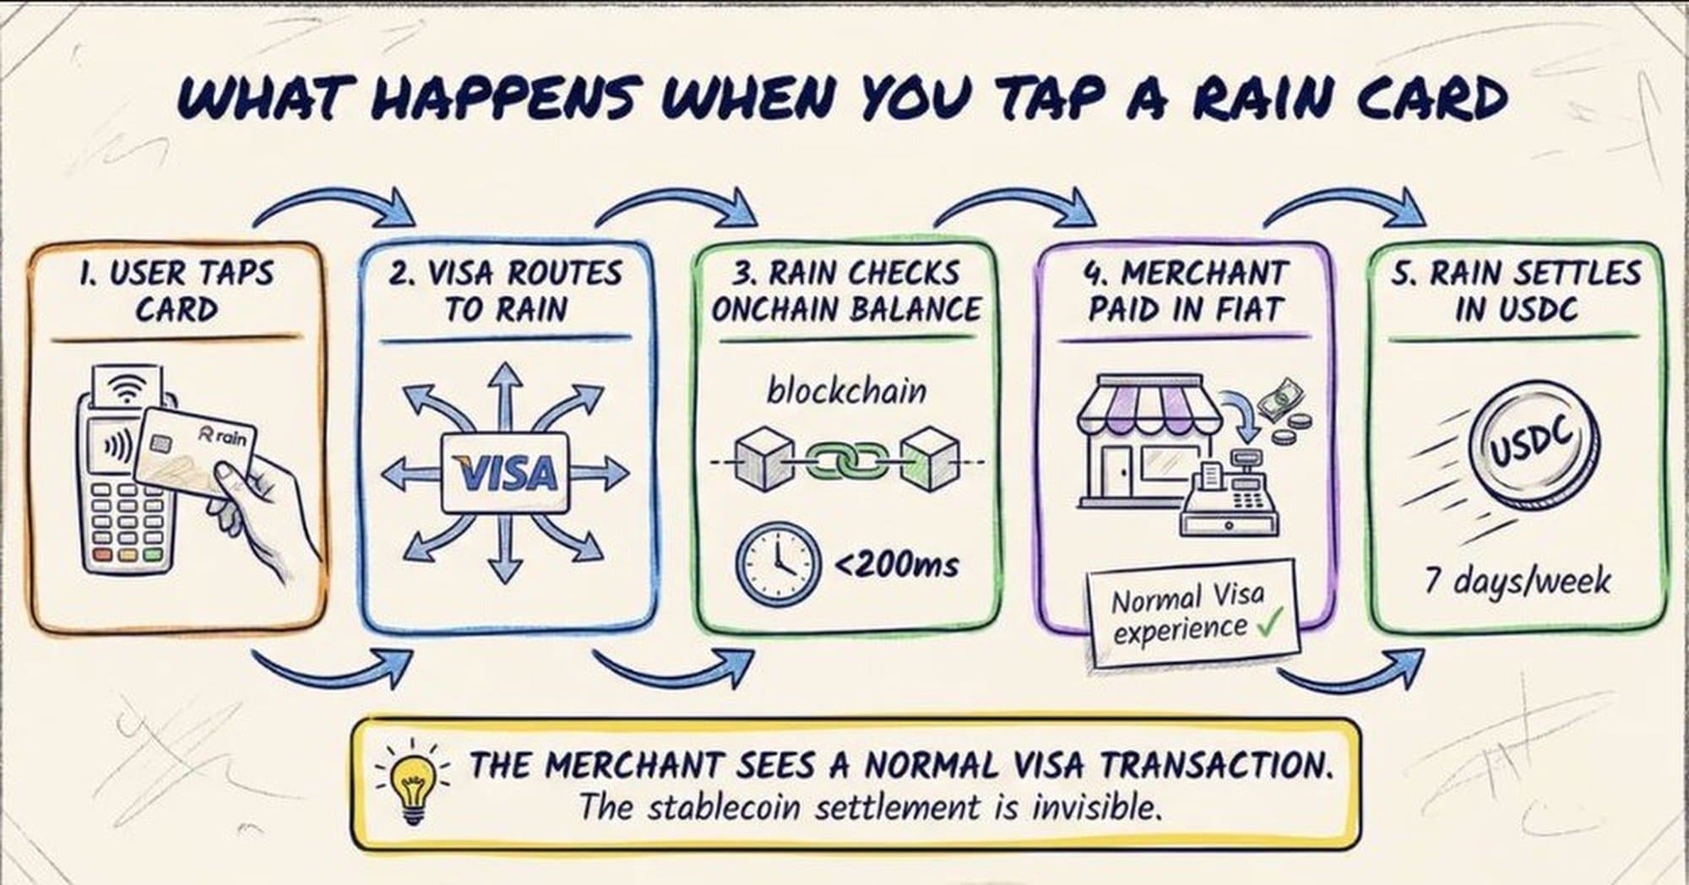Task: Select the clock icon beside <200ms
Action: click(778, 562)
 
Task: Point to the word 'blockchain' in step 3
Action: click(846, 392)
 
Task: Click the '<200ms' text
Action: click(897, 562)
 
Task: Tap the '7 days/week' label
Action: click(1517, 581)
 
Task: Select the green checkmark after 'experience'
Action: click(1268, 627)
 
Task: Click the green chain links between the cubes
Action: click(846, 461)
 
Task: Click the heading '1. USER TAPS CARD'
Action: click(176, 291)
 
